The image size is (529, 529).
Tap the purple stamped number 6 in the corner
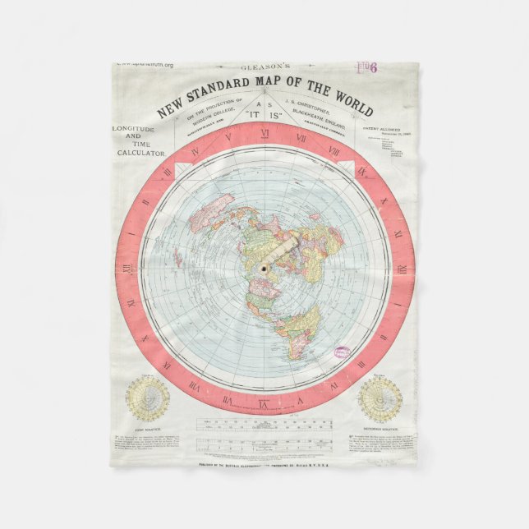(x=373, y=69)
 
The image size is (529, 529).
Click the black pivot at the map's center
(x=264, y=269)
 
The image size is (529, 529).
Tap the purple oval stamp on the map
(x=342, y=352)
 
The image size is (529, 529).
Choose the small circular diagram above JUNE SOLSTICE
(x=148, y=399)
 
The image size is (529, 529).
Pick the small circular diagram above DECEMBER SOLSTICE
(x=380, y=399)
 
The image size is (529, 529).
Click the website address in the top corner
(x=146, y=64)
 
